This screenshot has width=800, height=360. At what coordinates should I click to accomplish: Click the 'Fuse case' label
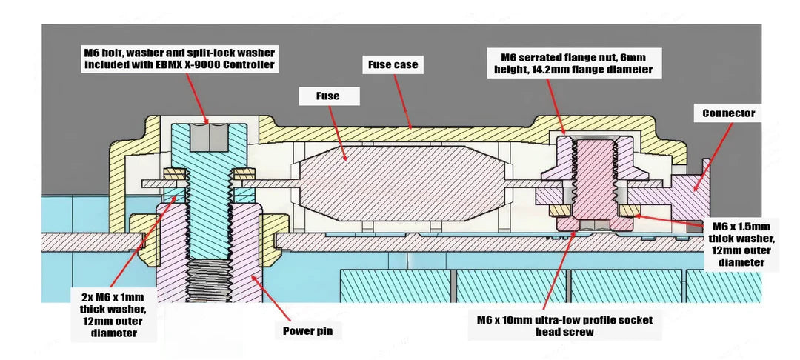click(393, 64)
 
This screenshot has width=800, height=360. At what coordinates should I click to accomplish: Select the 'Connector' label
click(728, 113)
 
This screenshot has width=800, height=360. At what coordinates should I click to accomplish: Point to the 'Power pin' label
click(307, 331)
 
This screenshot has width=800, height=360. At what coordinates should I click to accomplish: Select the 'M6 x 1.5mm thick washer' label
click(741, 244)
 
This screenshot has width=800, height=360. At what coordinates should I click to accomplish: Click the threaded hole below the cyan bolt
click(210, 281)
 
